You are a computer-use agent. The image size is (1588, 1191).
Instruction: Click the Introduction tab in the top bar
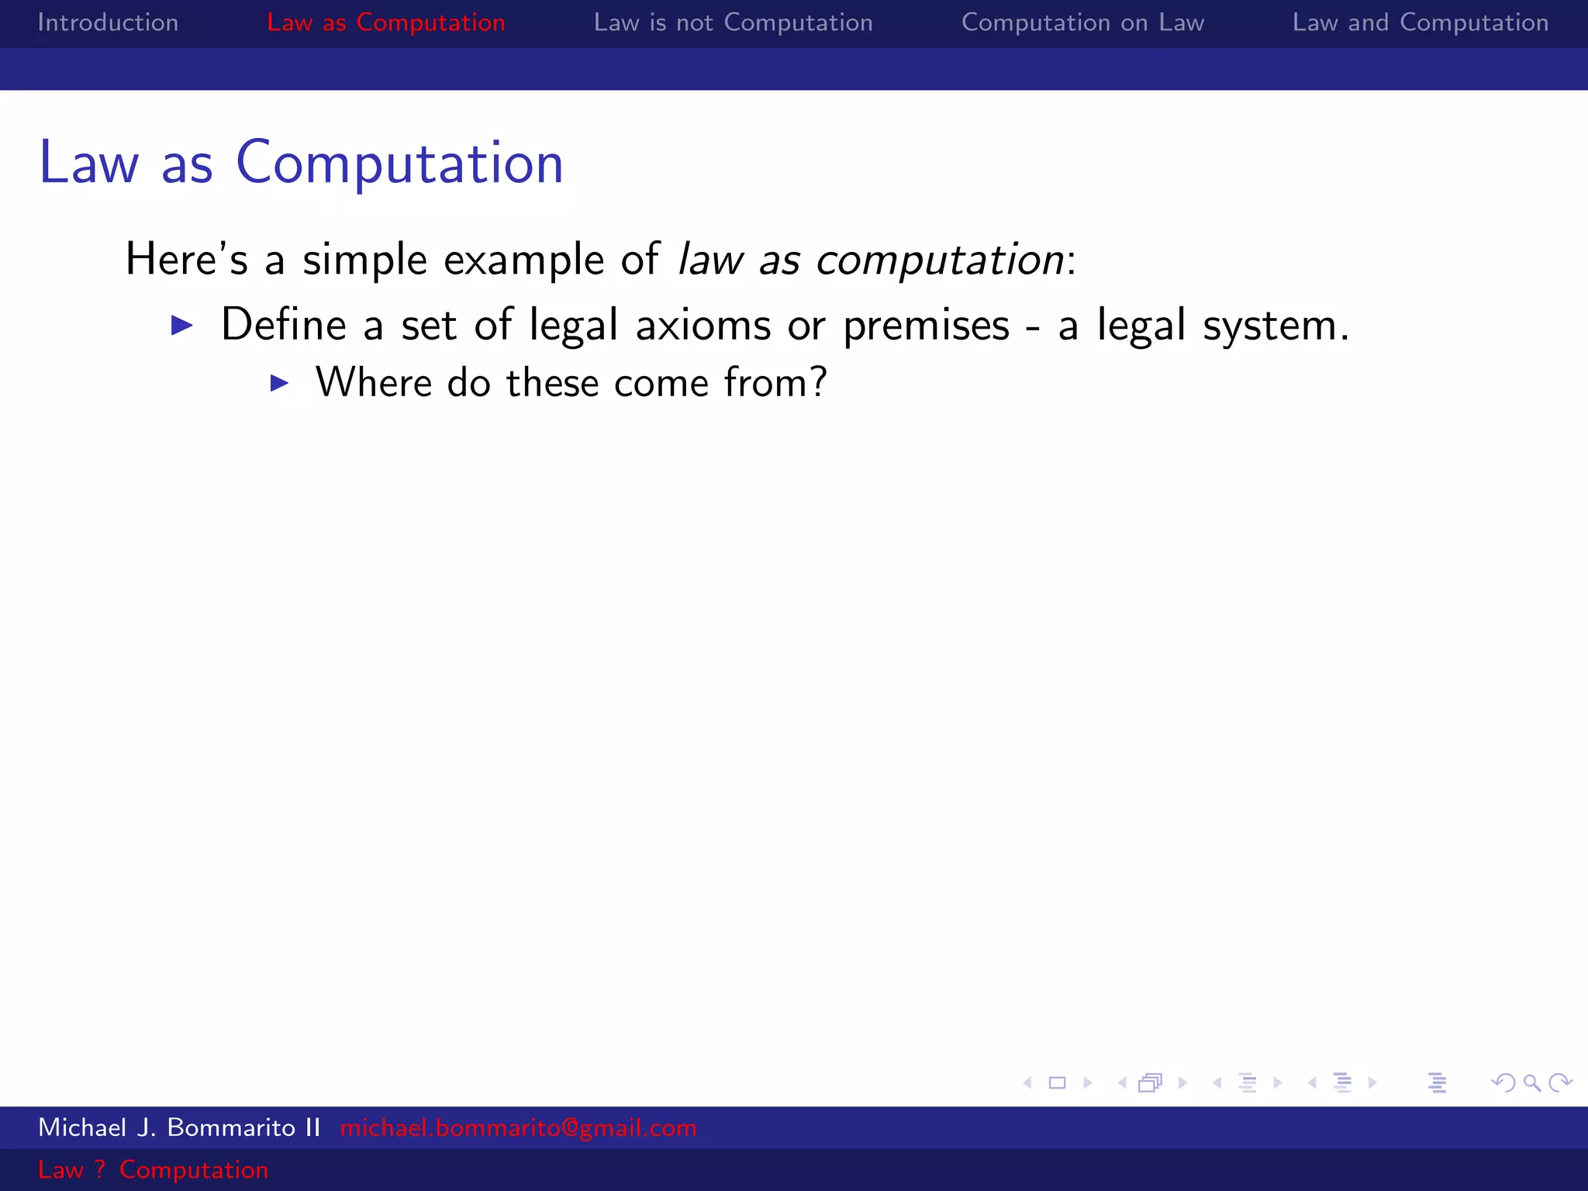(x=108, y=22)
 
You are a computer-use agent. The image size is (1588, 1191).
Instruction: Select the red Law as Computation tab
(x=385, y=22)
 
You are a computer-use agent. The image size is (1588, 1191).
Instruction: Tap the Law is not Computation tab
(x=733, y=22)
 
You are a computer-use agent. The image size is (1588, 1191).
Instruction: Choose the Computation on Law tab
(x=1082, y=22)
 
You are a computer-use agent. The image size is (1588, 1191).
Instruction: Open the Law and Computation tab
(x=1420, y=22)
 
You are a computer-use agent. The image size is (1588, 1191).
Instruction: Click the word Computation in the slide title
(x=399, y=163)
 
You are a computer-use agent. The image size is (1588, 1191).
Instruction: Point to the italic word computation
(x=940, y=259)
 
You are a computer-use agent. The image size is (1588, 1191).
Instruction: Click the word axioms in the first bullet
(x=703, y=325)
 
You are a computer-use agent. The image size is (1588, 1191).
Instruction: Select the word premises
(x=926, y=325)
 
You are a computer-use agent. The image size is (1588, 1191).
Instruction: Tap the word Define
(x=284, y=324)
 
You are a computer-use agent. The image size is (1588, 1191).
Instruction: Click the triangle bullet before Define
(x=181, y=325)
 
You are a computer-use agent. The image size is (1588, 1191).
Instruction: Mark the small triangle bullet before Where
(x=279, y=383)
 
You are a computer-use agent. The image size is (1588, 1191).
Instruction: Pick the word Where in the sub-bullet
(x=372, y=383)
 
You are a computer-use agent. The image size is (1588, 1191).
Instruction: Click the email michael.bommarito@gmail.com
(x=518, y=1127)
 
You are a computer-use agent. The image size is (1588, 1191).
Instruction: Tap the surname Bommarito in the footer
(x=231, y=1127)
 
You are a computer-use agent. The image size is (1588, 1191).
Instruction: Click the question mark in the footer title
(x=99, y=1169)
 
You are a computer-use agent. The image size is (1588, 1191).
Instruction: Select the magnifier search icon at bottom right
(x=1531, y=1082)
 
